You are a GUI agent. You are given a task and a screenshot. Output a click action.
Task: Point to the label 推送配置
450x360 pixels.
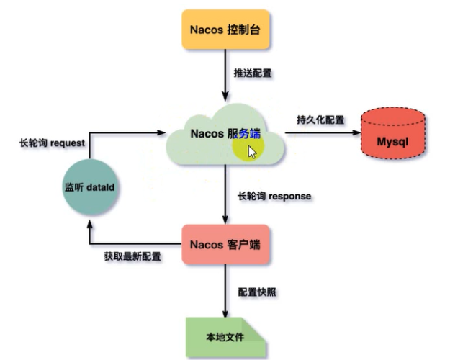coord(253,73)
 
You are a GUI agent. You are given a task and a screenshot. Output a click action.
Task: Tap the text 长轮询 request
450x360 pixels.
coord(52,143)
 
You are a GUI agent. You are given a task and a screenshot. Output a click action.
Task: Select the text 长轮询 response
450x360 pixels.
coord(274,196)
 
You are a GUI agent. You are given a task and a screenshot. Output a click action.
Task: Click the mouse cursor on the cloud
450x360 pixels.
coord(251,151)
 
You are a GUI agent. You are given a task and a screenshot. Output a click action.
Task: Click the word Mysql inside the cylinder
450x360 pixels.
coord(392,141)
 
